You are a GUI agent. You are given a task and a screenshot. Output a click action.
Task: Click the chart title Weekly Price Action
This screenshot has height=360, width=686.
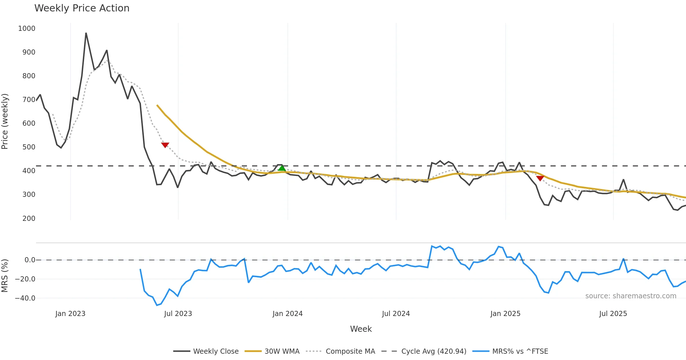[82, 8]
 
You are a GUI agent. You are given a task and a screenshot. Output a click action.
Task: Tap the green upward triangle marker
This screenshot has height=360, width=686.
[282, 168]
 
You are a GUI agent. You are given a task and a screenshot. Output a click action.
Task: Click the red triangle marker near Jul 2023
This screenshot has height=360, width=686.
[165, 145]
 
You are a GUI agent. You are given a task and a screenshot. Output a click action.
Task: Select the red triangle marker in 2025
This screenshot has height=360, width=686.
[540, 178]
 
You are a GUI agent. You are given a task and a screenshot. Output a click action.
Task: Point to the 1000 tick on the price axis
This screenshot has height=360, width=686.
[27, 29]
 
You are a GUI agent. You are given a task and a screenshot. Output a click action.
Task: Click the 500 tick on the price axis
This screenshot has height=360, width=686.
[29, 147]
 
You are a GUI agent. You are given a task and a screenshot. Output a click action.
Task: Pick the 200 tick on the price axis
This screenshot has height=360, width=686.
[29, 219]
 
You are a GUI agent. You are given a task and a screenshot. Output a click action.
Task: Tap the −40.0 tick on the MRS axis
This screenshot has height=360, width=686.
[25, 298]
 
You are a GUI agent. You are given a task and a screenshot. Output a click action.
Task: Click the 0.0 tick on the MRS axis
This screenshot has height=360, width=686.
[30, 260]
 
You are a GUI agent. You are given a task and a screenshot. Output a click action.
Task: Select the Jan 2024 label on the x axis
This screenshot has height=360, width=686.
[288, 314]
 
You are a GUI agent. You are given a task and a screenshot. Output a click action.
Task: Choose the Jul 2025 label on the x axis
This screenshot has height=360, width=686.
[613, 314]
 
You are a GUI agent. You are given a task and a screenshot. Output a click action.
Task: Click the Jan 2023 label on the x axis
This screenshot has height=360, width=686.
[70, 314]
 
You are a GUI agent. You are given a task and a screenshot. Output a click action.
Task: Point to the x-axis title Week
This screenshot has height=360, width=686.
[361, 329]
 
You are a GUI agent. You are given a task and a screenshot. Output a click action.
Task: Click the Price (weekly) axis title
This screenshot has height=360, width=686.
[5, 121]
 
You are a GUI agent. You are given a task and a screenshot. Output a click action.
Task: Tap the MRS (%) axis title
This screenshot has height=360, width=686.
[5, 276]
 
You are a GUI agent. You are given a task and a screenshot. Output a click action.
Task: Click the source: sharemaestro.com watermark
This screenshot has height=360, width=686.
[631, 296]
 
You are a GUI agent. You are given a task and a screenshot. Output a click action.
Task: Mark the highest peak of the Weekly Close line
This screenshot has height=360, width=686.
[86, 33]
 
